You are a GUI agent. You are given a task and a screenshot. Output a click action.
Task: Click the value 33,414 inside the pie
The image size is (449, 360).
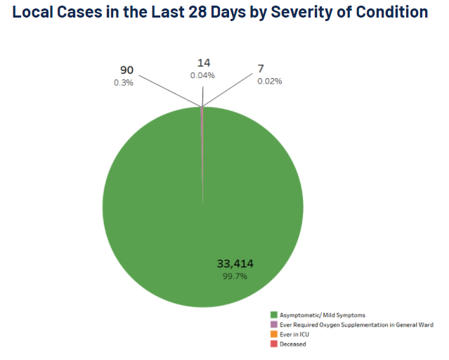[235, 264]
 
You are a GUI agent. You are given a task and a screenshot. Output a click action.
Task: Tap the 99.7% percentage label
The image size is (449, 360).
[235, 276]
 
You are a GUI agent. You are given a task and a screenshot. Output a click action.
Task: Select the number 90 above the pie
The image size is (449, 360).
[126, 70]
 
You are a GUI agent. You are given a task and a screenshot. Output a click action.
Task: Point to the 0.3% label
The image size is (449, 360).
[124, 82]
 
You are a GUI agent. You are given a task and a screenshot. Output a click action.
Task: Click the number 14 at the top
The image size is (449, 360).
[204, 63]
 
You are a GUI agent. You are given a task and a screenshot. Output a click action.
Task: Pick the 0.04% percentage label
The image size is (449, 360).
[202, 75]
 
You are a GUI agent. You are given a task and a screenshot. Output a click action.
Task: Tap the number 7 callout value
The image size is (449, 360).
[261, 69]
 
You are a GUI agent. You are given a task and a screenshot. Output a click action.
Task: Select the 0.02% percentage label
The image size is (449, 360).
[269, 81]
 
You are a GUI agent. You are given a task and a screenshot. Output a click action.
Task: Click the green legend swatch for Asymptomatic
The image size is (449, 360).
[273, 314]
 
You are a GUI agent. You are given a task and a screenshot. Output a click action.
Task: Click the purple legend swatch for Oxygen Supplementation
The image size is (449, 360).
[273, 325]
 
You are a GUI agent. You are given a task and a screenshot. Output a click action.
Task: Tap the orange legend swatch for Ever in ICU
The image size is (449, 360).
[273, 335]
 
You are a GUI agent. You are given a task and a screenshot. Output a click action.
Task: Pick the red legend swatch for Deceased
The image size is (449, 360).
[273, 345]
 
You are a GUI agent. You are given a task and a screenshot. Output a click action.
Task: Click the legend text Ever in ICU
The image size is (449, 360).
[294, 335]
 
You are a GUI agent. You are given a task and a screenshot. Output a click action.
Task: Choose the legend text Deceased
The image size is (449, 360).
[293, 345]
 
